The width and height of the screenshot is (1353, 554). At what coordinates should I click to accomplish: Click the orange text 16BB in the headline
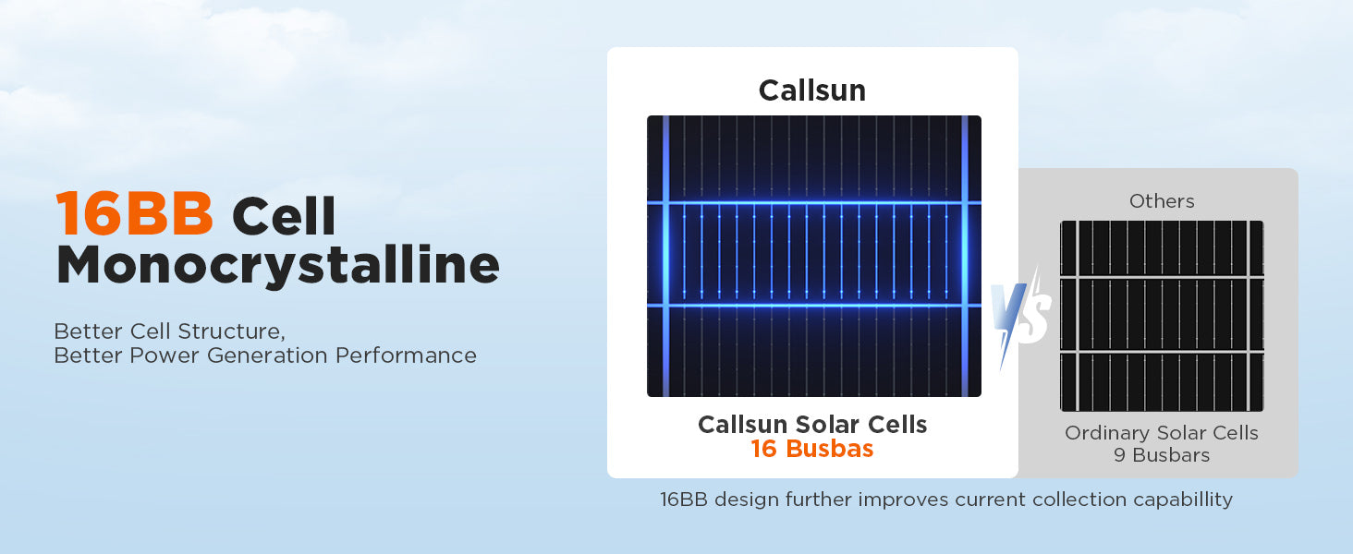[134, 213]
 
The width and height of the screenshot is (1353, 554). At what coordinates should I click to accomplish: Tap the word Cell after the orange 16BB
[284, 215]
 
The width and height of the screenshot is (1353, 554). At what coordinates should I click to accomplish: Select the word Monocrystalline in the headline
[278, 265]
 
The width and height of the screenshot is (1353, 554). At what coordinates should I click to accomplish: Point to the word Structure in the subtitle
[231, 331]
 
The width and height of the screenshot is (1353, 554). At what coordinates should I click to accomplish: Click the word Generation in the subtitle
[268, 355]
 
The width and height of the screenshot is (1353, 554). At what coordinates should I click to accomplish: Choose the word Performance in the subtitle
[406, 355]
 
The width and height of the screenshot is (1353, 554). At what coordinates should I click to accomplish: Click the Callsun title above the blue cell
[812, 90]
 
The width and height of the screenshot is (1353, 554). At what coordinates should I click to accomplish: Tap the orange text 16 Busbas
[812, 449]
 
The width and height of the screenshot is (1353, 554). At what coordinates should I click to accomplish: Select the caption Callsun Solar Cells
[812, 424]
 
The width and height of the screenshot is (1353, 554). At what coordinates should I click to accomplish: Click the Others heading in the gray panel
[1162, 201]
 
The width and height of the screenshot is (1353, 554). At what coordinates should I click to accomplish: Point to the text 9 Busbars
[1162, 455]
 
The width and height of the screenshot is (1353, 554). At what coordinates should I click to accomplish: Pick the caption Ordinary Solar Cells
[1162, 433]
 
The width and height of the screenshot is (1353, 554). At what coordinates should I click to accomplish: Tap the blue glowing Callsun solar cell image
[813, 256]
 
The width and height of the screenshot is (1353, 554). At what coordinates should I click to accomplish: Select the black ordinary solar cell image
[1162, 316]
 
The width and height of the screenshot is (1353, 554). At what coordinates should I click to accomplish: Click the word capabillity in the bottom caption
[1183, 500]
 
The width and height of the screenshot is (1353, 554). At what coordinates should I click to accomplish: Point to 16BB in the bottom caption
[684, 500]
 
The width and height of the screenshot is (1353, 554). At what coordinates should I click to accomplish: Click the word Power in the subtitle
[165, 355]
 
